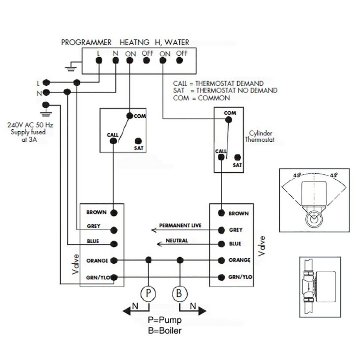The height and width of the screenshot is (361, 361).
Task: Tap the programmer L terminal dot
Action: point(99,60)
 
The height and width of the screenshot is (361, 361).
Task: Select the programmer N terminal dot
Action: point(115,60)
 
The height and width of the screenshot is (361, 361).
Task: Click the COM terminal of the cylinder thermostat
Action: point(228,120)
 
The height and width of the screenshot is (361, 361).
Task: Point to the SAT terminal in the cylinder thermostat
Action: point(237,157)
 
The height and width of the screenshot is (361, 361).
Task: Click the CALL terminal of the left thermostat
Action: point(113,141)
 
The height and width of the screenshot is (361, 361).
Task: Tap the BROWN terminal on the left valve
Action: point(114,213)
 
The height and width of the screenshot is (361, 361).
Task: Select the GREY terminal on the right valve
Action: point(221,230)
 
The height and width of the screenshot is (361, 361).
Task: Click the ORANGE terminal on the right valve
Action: point(221,260)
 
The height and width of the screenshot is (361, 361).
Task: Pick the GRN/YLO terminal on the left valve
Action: point(114,278)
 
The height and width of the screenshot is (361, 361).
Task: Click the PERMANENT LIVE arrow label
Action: point(180,226)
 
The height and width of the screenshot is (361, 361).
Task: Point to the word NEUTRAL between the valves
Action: point(177,241)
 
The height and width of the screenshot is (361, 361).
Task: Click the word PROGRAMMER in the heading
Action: point(86,42)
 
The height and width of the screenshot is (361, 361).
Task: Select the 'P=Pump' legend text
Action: point(165,320)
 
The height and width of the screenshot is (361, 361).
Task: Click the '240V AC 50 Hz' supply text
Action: point(30,125)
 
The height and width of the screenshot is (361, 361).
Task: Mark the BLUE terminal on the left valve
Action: point(114,243)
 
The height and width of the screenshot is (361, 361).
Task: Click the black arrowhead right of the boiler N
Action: point(202,311)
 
